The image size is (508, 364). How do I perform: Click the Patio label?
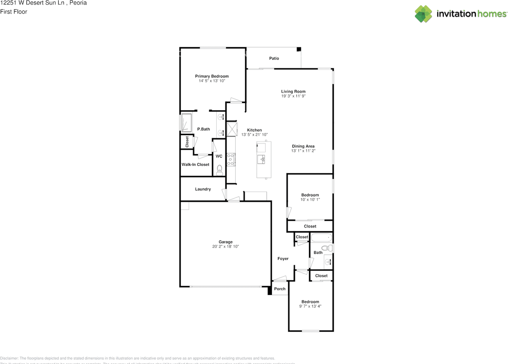[x=274, y=58]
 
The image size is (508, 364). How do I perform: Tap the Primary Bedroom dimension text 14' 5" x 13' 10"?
[x=212, y=81]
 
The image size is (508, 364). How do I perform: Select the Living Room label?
[x=293, y=92]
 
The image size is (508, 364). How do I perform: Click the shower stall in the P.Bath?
[x=187, y=122]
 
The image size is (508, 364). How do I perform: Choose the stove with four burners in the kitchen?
[x=231, y=159]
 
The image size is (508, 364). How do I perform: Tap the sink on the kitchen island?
[x=262, y=159]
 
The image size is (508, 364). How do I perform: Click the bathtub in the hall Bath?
[x=321, y=238]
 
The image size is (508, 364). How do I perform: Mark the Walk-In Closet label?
[x=195, y=165]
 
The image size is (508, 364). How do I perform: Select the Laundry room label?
[x=203, y=189]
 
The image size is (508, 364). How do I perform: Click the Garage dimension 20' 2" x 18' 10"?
[x=225, y=247]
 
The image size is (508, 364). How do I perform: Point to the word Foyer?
[x=283, y=259]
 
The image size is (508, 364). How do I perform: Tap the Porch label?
[x=280, y=289]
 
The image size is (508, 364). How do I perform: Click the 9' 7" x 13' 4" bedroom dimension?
[x=310, y=306]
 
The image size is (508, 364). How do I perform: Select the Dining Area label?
[x=303, y=146]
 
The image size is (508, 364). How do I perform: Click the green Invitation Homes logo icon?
[x=423, y=14]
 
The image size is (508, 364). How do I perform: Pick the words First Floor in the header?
[x=13, y=11]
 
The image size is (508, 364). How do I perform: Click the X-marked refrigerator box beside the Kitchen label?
[x=231, y=129]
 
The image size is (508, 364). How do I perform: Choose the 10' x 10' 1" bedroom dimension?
[x=310, y=199]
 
